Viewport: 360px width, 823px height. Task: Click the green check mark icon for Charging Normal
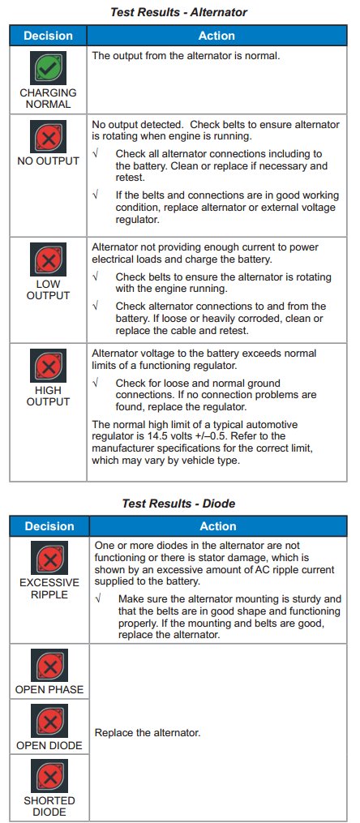coord(48,68)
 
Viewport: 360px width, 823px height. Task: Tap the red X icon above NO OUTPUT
coord(48,137)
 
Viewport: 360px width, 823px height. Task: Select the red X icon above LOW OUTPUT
coord(48,259)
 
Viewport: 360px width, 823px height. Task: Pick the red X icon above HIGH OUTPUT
coord(48,366)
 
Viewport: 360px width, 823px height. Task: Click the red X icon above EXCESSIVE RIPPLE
coord(49,559)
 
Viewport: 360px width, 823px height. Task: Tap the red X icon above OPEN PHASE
coord(49,666)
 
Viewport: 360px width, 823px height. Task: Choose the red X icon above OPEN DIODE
coord(49,722)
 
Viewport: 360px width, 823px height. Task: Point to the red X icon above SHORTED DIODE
coord(49,777)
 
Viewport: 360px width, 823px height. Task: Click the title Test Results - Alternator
coord(178,12)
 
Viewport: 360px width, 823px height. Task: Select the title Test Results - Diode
coord(178,504)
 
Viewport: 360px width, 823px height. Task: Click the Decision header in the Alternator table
coord(49,36)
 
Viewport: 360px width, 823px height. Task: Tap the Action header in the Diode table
coord(218,526)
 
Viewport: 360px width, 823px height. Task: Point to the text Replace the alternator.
coord(148,733)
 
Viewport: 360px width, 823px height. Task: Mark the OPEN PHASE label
coord(49,690)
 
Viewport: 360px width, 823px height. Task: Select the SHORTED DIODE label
coord(49,806)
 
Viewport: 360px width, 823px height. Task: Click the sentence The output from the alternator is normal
coord(186,55)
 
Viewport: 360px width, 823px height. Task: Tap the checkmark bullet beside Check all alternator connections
coord(95,153)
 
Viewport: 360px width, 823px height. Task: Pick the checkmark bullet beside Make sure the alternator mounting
coord(97,599)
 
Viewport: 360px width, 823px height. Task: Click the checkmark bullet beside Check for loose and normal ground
coord(95,384)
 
